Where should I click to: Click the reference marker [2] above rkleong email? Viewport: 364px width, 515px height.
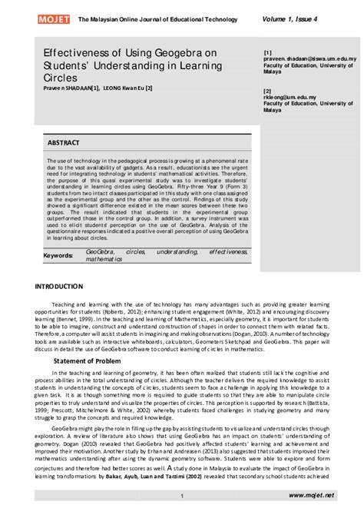coord(267,91)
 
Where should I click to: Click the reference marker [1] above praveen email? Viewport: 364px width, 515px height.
coord(267,50)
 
